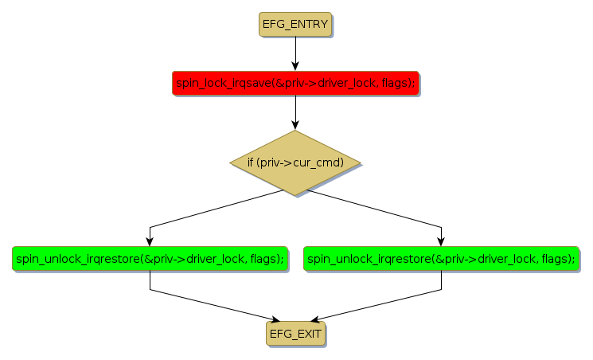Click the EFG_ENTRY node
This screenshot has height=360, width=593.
click(x=295, y=24)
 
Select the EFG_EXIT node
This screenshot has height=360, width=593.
click(x=295, y=333)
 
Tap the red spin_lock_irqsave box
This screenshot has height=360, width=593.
click(x=295, y=83)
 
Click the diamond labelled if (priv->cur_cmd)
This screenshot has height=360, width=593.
click(x=295, y=162)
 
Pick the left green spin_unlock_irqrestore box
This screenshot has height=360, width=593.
click(x=150, y=259)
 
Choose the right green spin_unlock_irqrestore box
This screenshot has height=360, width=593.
click(x=441, y=259)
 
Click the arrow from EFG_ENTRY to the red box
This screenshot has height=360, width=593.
click(x=295, y=52)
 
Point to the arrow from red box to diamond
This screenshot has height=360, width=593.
click(x=295, y=112)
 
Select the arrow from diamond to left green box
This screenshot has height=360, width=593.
click(x=207, y=210)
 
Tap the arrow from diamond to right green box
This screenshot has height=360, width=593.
click(x=382, y=210)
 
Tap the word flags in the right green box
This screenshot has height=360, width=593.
click(x=558, y=259)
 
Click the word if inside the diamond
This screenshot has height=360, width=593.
click(x=250, y=162)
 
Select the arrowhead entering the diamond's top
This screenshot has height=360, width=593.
click(x=295, y=125)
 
